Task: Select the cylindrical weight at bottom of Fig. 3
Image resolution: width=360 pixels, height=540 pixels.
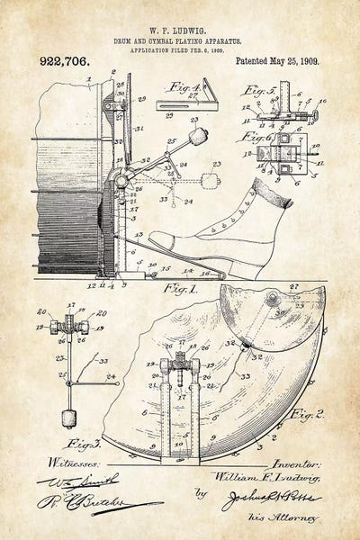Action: click(x=67, y=418)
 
